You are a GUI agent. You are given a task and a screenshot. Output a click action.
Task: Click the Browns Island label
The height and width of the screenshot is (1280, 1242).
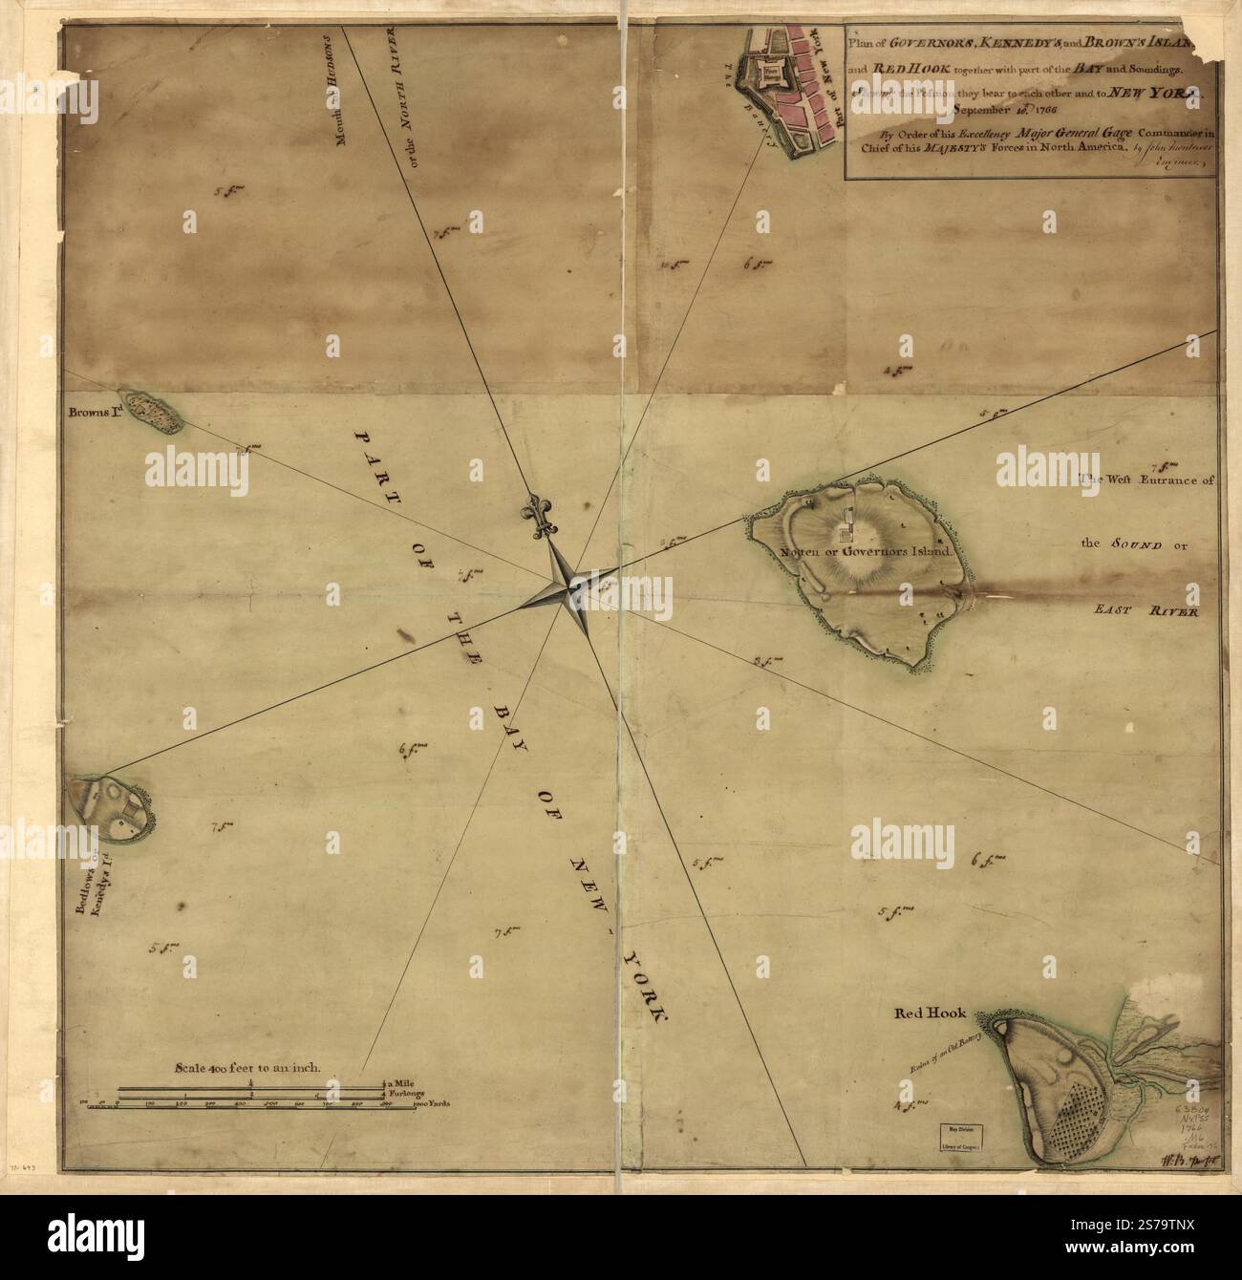[92, 416]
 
